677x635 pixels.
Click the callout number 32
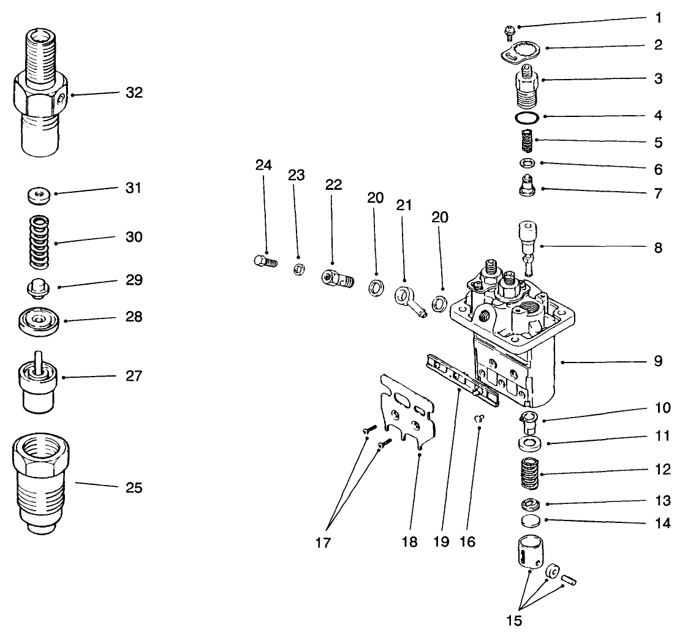pos(133,93)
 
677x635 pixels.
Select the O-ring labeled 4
pos(526,116)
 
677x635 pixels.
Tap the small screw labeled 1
pos(509,30)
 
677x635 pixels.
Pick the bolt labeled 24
pos(265,261)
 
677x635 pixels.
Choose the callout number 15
pos(514,620)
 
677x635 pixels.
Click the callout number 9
pos(657,361)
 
